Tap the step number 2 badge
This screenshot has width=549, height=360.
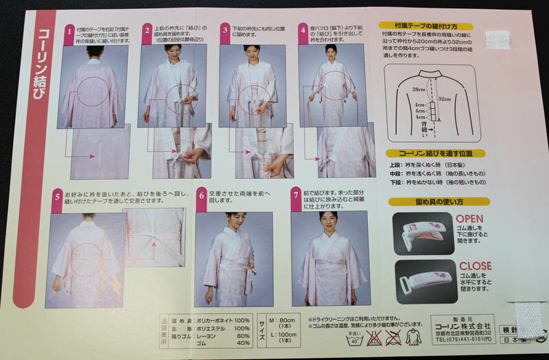[x=147, y=30]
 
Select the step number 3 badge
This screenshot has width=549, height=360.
[x=225, y=29]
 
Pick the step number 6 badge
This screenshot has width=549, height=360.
[x=201, y=195]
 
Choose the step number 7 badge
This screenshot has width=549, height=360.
[x=296, y=195]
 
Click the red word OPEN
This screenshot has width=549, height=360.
[x=469, y=219]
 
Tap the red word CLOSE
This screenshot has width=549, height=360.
[x=475, y=265]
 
